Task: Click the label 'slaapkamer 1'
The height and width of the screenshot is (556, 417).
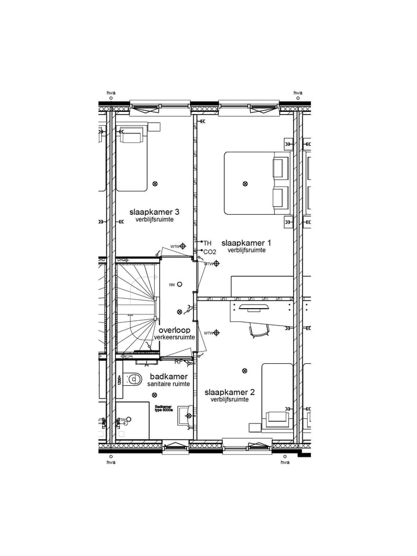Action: click(x=246, y=243)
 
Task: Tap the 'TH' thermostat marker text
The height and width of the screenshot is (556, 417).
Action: click(x=207, y=243)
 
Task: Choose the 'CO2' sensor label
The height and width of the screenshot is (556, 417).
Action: click(x=209, y=252)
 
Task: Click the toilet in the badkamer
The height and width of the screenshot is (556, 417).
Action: click(x=133, y=380)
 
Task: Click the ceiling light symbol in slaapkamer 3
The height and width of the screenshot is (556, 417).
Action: click(x=155, y=184)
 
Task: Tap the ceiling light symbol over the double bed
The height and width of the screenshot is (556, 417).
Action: click(x=244, y=184)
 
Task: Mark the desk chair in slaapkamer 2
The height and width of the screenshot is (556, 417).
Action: click(x=259, y=330)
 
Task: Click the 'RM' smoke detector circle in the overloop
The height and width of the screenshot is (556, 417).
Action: click(x=180, y=284)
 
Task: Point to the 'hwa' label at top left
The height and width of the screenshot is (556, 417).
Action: click(x=111, y=93)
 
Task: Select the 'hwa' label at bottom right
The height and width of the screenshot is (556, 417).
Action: click(x=284, y=462)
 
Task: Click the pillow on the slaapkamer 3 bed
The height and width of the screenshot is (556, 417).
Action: click(x=131, y=137)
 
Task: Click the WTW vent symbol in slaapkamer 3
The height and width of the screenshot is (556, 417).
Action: click(x=183, y=246)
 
